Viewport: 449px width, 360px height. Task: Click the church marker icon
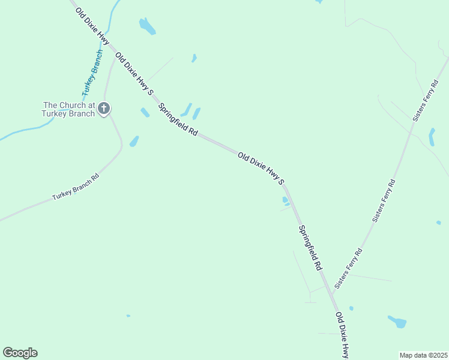[104, 109]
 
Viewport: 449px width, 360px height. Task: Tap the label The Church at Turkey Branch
[68, 109]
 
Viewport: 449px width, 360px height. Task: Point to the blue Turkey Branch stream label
[92, 73]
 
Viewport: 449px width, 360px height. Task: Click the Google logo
[20, 353]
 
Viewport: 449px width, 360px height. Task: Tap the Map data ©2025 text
[424, 355]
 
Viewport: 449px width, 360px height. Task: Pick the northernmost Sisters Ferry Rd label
[424, 100]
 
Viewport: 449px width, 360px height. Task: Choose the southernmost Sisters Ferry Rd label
[348, 268]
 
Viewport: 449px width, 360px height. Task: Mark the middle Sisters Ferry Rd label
[384, 201]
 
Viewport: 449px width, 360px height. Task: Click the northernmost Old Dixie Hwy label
[92, 26]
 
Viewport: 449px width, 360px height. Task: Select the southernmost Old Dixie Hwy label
[342, 335]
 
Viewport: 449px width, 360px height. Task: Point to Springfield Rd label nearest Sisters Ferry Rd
[311, 247]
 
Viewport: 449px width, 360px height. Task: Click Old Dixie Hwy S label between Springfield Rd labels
[261, 167]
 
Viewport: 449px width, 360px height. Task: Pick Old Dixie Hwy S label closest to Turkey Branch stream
[134, 74]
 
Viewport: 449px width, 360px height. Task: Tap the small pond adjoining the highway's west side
[286, 201]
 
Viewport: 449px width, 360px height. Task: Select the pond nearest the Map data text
[397, 322]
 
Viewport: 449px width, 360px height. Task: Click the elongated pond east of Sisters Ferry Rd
[432, 137]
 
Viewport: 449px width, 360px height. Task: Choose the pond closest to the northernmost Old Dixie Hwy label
[147, 26]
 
